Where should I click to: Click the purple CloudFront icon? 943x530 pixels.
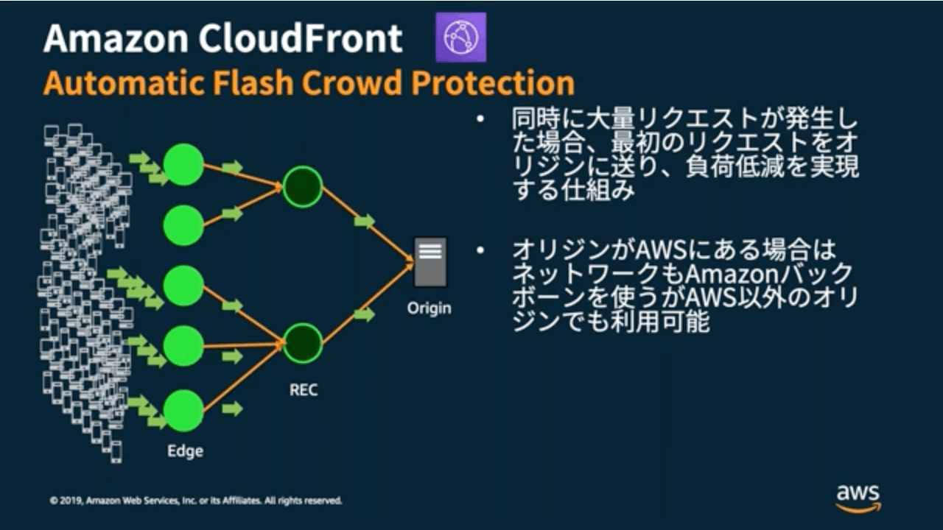click(461, 38)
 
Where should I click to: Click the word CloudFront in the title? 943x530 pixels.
click(300, 38)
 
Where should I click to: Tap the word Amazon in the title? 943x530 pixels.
click(116, 38)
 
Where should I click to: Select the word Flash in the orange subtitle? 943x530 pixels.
click(253, 82)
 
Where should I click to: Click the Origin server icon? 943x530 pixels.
click(430, 262)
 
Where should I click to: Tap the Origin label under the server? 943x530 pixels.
click(429, 308)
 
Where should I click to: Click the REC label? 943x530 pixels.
click(304, 390)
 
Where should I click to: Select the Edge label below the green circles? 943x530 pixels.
click(185, 451)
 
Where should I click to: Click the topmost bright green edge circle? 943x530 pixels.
click(183, 164)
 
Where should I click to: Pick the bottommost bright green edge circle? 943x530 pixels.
click(183, 411)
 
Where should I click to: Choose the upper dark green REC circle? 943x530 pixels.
click(303, 187)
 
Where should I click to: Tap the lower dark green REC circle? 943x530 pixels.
click(303, 343)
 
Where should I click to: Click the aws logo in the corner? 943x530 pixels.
click(858, 498)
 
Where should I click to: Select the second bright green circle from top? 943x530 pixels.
click(183, 225)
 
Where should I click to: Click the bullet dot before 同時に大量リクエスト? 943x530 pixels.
click(480, 119)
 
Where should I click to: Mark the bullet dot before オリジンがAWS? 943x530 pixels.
click(480, 251)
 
